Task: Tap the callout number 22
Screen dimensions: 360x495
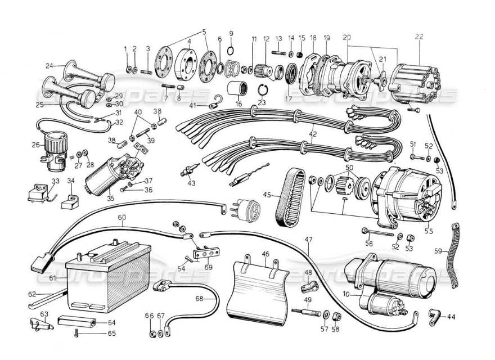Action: click(x=418, y=37)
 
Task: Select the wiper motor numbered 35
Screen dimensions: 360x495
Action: click(x=110, y=172)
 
